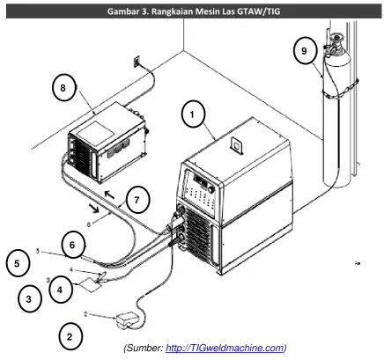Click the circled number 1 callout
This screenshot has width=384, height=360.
tap(193, 114)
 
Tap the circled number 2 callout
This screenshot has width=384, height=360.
tap(70, 336)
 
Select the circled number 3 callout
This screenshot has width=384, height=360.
tap(29, 299)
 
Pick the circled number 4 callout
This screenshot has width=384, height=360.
tap(60, 290)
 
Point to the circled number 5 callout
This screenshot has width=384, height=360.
tap(18, 263)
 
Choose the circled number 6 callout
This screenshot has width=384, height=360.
tap(72, 245)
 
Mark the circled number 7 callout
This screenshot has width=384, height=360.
tap(137, 201)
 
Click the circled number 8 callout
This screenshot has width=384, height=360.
tap(63, 88)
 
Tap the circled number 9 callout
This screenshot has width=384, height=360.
tap(305, 51)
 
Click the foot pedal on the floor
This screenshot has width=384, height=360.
tap(127, 320)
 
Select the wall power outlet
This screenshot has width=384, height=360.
tap(137, 62)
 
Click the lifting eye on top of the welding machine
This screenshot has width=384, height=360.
tap(237, 144)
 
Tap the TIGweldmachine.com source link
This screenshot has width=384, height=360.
tap(225, 349)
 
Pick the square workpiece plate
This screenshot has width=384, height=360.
tap(90, 284)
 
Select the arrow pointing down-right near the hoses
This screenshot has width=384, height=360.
tap(94, 208)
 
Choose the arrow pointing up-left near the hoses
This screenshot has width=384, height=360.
tap(110, 194)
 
